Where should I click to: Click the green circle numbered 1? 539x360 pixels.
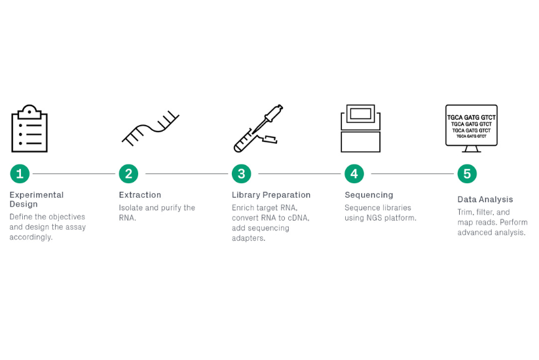pos(20,173)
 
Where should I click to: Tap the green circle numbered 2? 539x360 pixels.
pos(128,173)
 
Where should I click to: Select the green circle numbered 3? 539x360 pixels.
pos(242,173)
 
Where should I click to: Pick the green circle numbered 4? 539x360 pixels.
pos(354,173)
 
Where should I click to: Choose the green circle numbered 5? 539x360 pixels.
pos(467,173)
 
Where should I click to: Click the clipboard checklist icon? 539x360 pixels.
pos(29,128)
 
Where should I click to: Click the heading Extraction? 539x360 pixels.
pos(139,195)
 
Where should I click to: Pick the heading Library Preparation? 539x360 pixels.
pos(271,195)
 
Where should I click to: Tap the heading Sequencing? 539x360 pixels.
pos(369,195)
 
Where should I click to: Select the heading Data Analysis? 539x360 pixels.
pos(485,200)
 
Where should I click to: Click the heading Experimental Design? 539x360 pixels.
pos(37,200)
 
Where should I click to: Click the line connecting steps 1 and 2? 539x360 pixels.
pos(74,173)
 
